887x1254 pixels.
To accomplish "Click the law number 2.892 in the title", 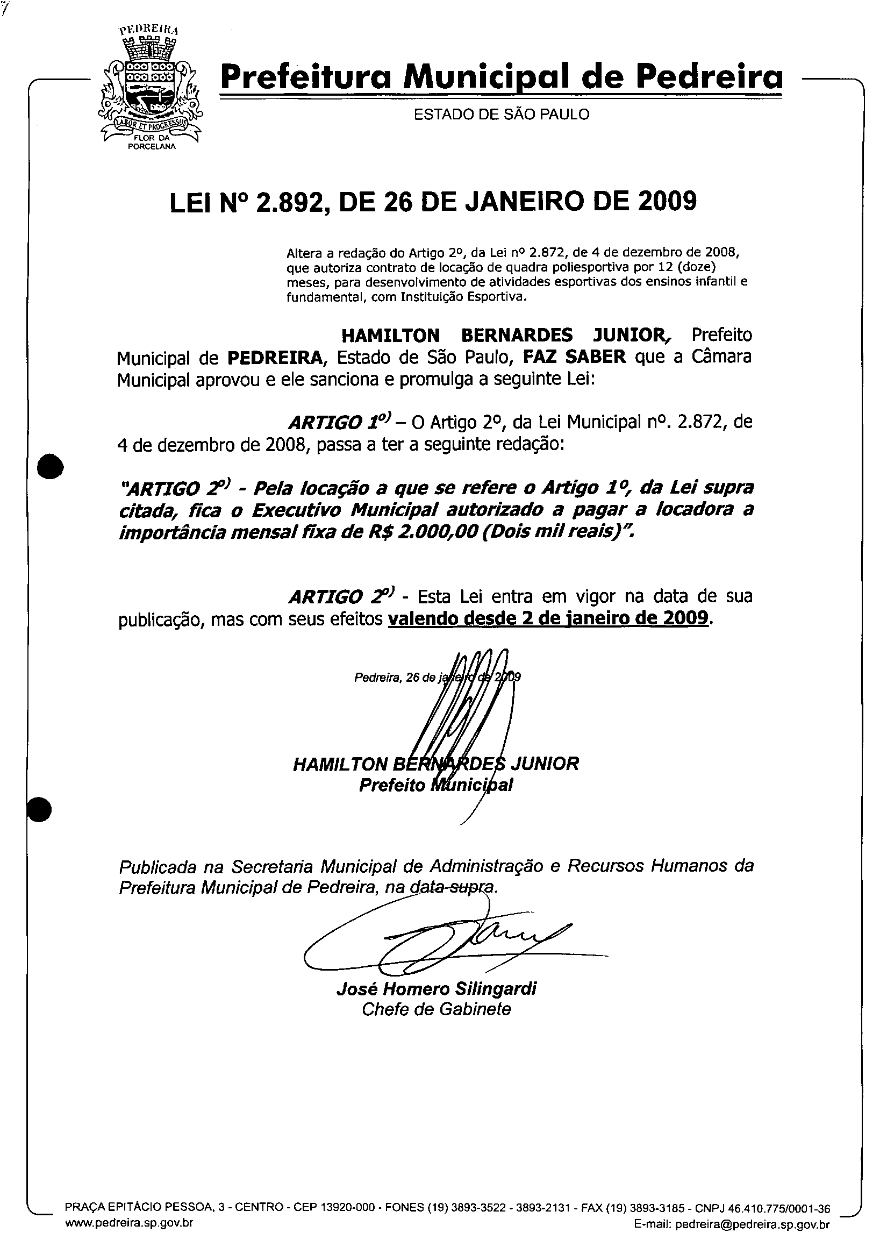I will click(x=283, y=202).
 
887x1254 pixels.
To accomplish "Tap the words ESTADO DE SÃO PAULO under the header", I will click(x=502, y=115).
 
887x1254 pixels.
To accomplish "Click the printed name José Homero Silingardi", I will click(x=437, y=988).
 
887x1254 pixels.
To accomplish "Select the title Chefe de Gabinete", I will click(x=437, y=1009).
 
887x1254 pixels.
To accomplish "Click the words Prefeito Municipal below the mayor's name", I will click(x=436, y=785).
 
